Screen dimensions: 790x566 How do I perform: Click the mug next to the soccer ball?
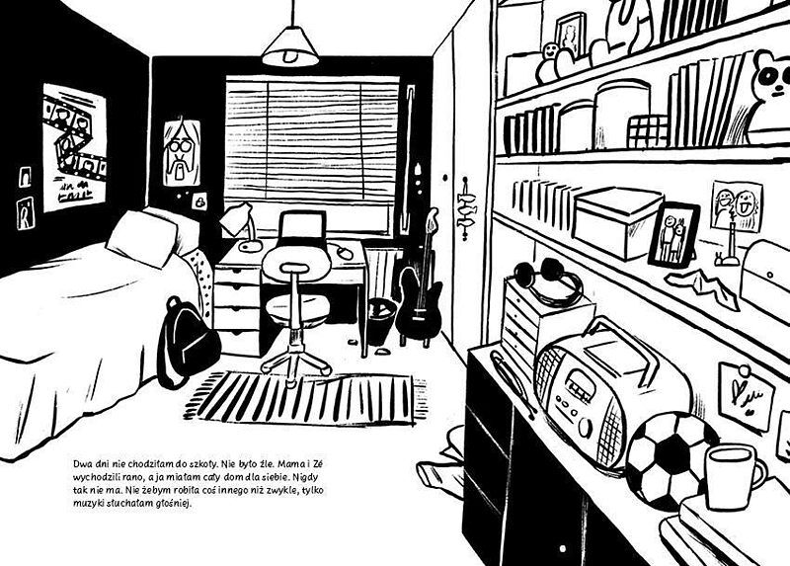pyautogui.click(x=733, y=475)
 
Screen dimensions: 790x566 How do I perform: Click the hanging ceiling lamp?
pyautogui.click(x=290, y=45)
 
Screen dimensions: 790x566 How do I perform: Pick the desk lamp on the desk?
pyautogui.click(x=242, y=228)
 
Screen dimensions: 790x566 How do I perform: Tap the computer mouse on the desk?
pyautogui.click(x=345, y=252)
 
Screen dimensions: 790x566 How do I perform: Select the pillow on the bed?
pyautogui.click(x=142, y=238)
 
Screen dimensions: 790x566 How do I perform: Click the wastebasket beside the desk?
pyautogui.click(x=380, y=321)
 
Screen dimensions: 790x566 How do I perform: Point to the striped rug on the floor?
pyautogui.click(x=306, y=398)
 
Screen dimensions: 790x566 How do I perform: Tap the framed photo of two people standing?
pyautogui.click(x=674, y=235)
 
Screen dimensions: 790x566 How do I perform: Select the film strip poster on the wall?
pyautogui.click(x=74, y=147)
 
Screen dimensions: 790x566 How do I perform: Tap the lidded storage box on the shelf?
pyautogui.click(x=616, y=222)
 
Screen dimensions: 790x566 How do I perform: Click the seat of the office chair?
pyautogui.click(x=297, y=308)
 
